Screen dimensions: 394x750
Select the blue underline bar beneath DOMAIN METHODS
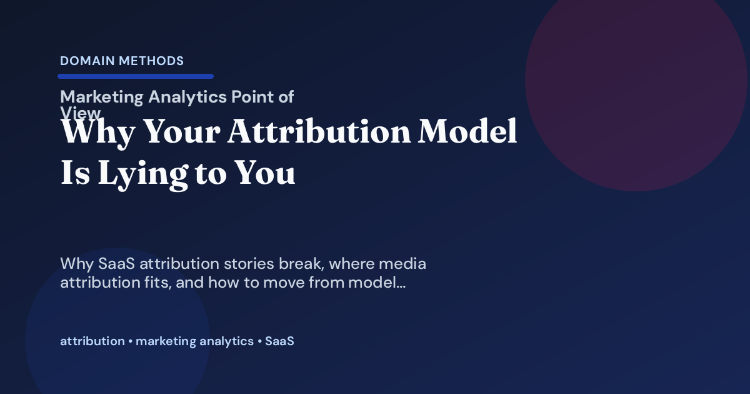click(x=136, y=76)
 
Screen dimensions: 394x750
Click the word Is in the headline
click(x=74, y=173)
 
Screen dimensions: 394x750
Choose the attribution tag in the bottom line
click(x=92, y=341)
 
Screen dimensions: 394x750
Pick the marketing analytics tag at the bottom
click(x=194, y=341)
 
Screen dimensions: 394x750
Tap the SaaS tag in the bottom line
click(x=279, y=341)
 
